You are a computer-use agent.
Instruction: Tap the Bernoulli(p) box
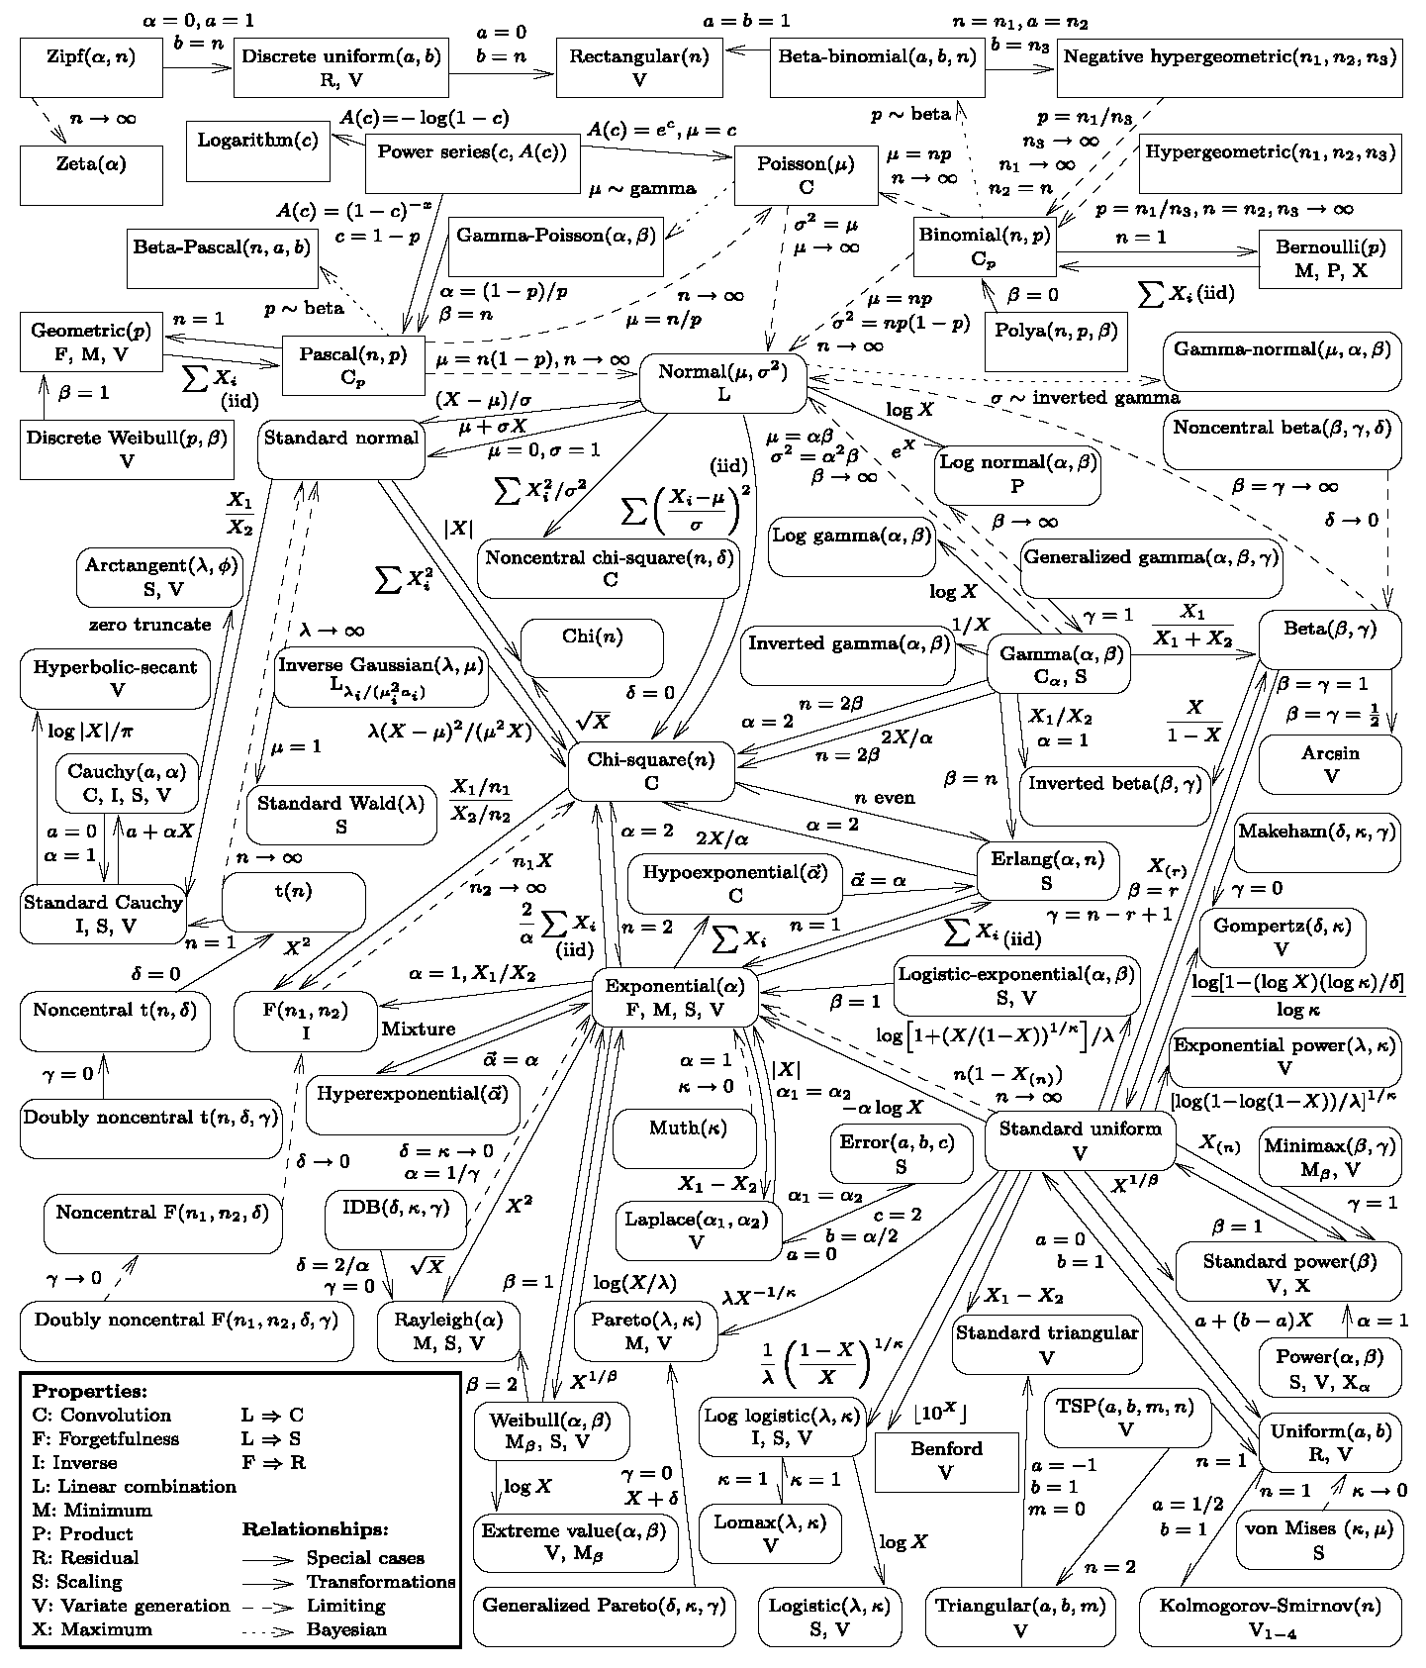click(x=1330, y=257)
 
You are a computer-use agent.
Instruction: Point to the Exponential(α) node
click(x=675, y=997)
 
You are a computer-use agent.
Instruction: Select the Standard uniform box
click(x=1080, y=1140)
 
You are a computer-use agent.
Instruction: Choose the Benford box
click(x=946, y=1460)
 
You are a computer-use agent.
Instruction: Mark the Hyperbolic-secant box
click(x=116, y=678)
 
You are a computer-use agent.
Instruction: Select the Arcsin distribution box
click(x=1330, y=764)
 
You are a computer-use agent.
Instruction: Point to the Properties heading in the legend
click(x=89, y=1391)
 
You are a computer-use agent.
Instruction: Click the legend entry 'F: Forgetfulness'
click(x=106, y=1438)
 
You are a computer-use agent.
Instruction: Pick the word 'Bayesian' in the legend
click(x=346, y=1628)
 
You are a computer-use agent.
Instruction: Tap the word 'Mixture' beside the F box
click(x=419, y=1029)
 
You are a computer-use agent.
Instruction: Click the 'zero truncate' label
click(x=149, y=625)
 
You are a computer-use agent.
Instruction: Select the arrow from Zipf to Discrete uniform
click(x=198, y=67)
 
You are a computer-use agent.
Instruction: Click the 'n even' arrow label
click(x=885, y=797)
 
